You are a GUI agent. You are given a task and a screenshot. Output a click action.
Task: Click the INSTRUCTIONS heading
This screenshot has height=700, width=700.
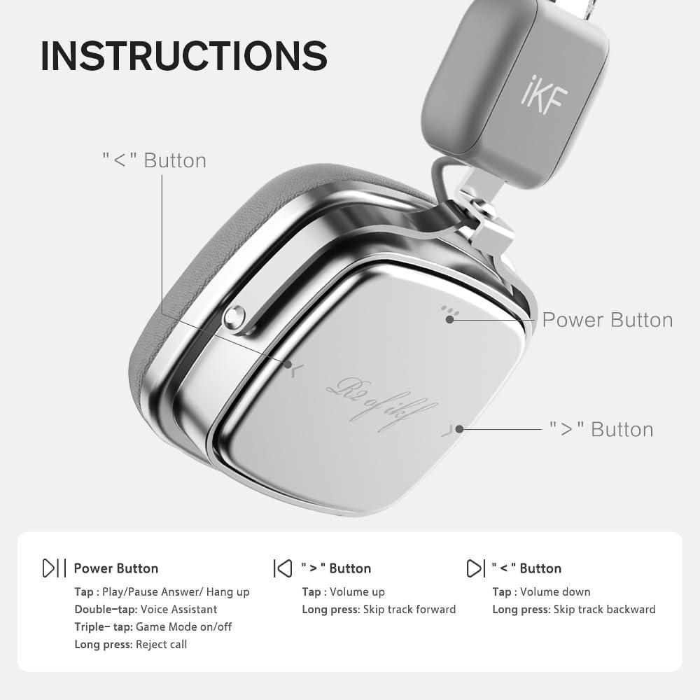pyautogui.click(x=183, y=56)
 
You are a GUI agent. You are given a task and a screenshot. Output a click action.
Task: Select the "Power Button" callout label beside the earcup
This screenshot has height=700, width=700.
pyautogui.click(x=607, y=320)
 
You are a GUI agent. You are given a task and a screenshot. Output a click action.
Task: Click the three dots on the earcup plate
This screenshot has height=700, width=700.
pyautogui.click(x=449, y=312)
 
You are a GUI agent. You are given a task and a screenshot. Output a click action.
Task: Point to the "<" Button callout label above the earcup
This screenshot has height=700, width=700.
pyautogui.click(x=154, y=160)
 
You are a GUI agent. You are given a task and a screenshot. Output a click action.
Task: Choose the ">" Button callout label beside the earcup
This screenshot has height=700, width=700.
pyautogui.click(x=601, y=429)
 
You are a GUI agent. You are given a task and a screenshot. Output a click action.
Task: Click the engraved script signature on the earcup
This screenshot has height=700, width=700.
pyautogui.click(x=381, y=404)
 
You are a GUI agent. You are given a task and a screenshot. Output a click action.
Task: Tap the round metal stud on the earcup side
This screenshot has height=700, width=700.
pyautogui.click(x=234, y=318)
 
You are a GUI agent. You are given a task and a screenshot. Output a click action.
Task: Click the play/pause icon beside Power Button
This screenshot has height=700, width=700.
pyautogui.click(x=54, y=568)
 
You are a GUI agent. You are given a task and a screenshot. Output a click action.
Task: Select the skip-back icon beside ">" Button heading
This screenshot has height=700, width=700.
pyautogui.click(x=282, y=568)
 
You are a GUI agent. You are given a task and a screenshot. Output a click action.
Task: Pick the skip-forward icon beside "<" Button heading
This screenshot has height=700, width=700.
pyautogui.click(x=475, y=568)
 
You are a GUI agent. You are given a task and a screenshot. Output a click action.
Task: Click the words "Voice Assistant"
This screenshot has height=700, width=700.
pyautogui.click(x=179, y=610)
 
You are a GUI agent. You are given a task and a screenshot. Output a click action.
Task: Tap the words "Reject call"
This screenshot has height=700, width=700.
pyautogui.click(x=161, y=644)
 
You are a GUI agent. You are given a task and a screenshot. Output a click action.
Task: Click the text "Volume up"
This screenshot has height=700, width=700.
pyautogui.click(x=357, y=592)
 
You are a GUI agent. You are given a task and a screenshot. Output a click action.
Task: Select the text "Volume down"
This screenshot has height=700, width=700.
pyautogui.click(x=555, y=592)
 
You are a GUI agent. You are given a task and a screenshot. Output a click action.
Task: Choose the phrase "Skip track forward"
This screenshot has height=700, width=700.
pyautogui.click(x=409, y=610)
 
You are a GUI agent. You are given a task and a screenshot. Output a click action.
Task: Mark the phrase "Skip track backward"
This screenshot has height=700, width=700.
pyautogui.click(x=605, y=610)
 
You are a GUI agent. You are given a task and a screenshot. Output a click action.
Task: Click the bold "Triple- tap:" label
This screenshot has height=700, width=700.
pyautogui.click(x=104, y=626)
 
